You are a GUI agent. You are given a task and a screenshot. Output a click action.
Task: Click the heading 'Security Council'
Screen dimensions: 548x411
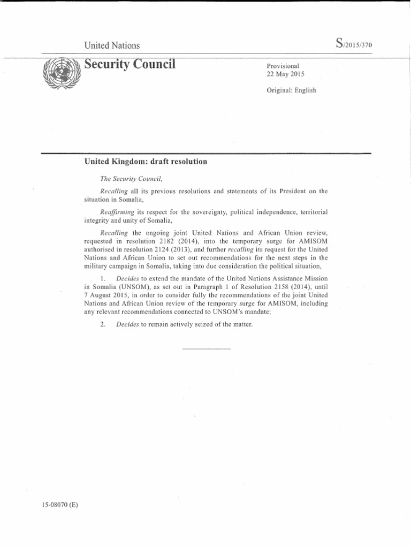coord(130,65)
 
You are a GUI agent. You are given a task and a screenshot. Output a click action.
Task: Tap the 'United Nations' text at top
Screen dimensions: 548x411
coord(112,45)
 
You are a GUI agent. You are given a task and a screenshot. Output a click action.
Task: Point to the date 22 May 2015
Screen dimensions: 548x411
coord(286,74)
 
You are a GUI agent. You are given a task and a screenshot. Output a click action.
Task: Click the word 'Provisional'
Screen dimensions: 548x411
coord(283,66)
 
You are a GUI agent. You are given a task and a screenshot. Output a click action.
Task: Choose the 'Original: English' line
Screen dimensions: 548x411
coord(292,90)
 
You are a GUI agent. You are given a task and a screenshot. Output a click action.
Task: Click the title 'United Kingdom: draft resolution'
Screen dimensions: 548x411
coord(146,161)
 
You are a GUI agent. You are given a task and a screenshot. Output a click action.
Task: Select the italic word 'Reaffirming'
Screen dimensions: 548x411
coord(118,212)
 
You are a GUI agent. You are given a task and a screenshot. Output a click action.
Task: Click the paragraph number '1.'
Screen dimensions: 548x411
coord(104,279)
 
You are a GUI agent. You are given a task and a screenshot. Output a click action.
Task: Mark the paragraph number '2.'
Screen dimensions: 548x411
coord(104,324)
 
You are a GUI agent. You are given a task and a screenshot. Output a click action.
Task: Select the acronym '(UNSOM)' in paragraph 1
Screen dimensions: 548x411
coord(126,287)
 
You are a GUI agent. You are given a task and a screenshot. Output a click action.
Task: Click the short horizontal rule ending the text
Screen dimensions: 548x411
coord(206,349)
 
